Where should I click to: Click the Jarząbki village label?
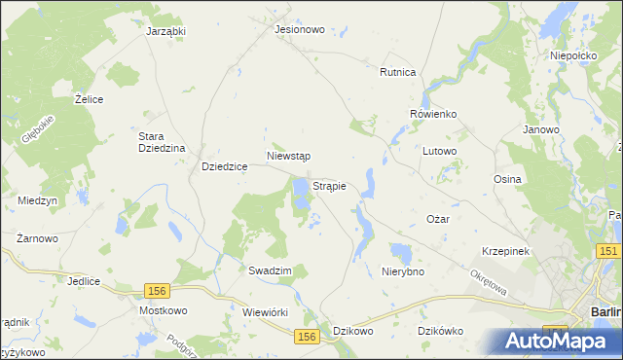(165, 31)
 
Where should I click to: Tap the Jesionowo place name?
(299, 29)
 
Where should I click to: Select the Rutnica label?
(398, 72)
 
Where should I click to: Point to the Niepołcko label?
(572, 56)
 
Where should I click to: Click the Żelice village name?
(89, 99)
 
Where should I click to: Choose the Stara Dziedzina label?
(162, 142)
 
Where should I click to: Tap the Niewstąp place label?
(288, 156)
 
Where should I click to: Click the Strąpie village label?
(330, 185)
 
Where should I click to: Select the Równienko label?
(433, 114)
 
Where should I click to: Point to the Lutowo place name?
(440, 152)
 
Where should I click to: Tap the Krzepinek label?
(504, 251)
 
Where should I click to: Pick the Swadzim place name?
(270, 270)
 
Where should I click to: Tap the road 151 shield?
(608, 252)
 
